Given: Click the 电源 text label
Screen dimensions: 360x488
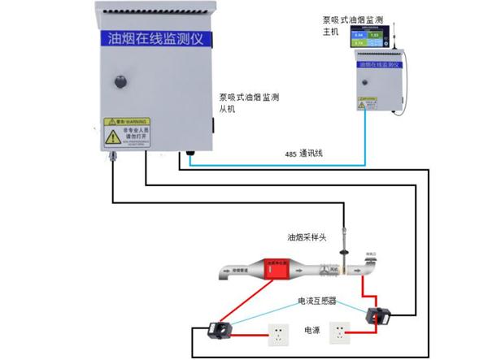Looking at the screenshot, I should (x=312, y=330).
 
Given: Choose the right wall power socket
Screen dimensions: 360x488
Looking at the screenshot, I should (x=342, y=332).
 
